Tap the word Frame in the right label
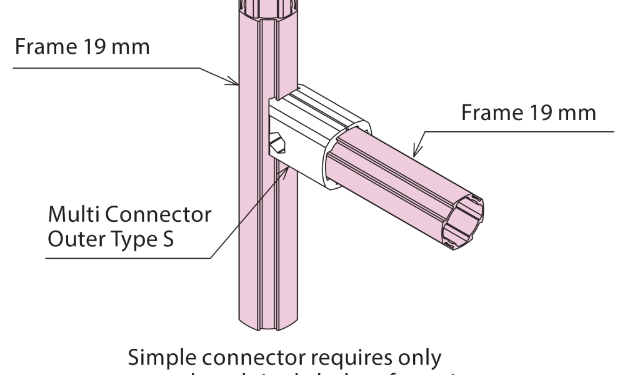coord(489,113)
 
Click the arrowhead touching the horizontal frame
coord(415,149)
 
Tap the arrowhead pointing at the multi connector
coord(287,172)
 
